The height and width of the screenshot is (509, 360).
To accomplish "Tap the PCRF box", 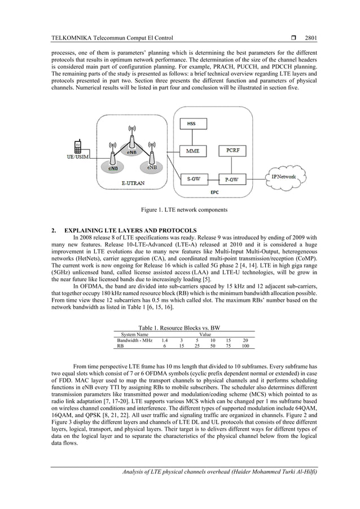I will pyautogui.click(x=232, y=151).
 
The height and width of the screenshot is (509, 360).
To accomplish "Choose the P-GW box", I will pyautogui.click(x=231, y=179).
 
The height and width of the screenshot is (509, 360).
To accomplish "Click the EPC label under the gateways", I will pyautogui.click(x=215, y=192).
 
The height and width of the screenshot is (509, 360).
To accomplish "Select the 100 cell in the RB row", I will pyautogui.click(x=245, y=346).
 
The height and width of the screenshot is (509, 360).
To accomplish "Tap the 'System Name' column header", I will pyautogui.click(x=131, y=335).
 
